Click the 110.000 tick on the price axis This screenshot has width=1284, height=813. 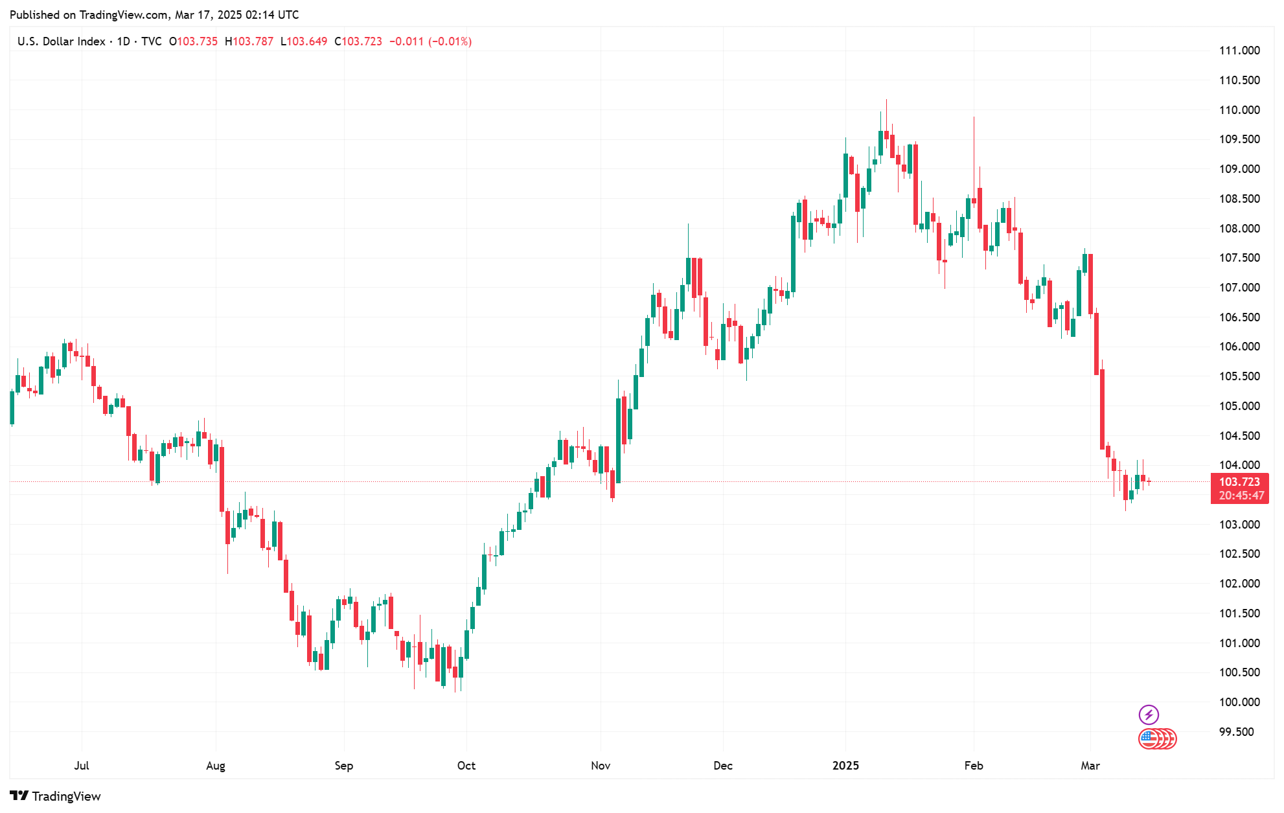[1239, 110]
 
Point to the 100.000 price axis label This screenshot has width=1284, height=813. [1239, 702]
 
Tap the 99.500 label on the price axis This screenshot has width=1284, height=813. [1239, 732]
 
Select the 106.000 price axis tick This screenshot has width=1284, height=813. [1239, 347]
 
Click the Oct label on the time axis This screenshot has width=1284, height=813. [466, 766]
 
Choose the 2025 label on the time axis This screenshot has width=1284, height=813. [845, 766]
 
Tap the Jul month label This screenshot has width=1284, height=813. [82, 766]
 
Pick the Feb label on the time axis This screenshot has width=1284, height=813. [974, 766]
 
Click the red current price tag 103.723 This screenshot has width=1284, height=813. [1239, 482]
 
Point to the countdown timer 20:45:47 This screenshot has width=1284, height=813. [1241, 496]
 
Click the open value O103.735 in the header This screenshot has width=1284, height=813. [193, 41]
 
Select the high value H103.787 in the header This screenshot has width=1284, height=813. [249, 41]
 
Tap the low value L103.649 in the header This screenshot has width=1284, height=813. [304, 41]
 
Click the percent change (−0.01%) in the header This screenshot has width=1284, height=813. [450, 41]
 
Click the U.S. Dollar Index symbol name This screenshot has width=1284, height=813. [61, 41]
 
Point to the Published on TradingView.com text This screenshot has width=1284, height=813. [154, 14]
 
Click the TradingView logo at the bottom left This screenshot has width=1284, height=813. [56, 796]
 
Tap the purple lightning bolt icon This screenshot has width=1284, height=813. [1149, 715]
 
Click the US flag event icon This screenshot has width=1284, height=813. [1149, 739]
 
